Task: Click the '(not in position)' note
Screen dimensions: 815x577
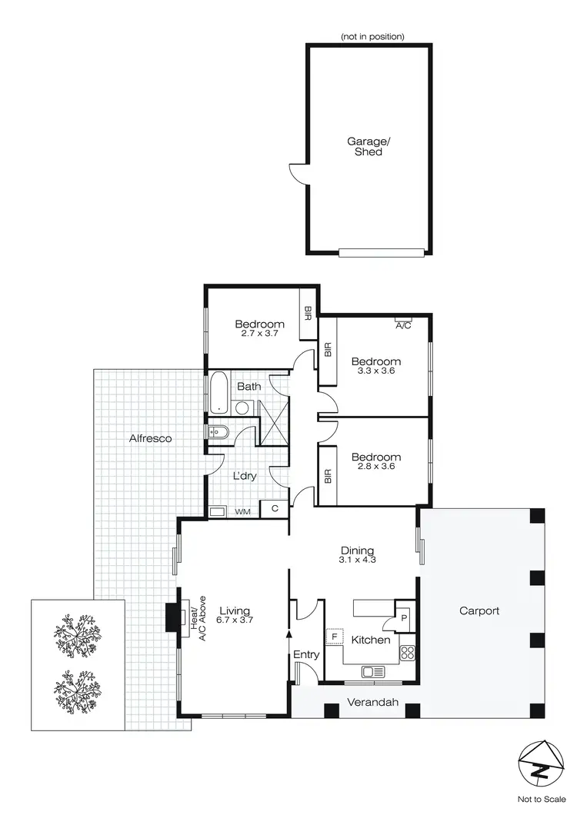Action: coord(372,36)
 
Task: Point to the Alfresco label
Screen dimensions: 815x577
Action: coord(150,438)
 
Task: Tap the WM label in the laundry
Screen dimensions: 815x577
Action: coord(242,511)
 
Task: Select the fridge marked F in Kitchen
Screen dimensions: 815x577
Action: coord(335,637)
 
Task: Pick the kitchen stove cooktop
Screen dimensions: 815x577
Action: coord(408,654)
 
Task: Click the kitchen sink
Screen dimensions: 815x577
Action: coord(373,671)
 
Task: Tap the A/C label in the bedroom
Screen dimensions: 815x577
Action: coord(403,325)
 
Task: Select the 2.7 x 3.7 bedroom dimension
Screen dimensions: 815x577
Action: coord(259,334)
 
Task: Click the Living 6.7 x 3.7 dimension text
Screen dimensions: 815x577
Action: coord(235,619)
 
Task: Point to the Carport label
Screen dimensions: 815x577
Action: coord(479,611)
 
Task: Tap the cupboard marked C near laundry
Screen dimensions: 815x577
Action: coord(274,509)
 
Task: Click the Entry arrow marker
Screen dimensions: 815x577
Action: coord(289,634)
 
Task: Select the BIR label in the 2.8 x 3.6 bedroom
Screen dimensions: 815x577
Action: coord(329,477)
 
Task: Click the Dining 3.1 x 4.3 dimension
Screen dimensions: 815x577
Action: coord(357,561)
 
